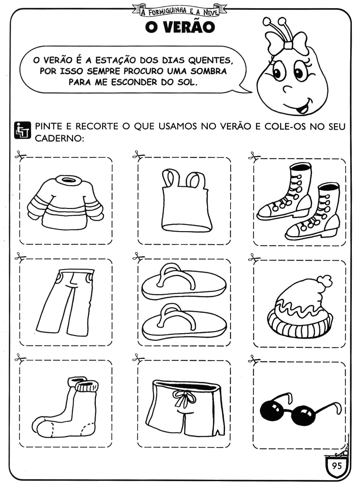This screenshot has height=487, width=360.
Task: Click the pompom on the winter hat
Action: [324, 282]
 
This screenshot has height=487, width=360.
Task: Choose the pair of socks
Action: [66, 408]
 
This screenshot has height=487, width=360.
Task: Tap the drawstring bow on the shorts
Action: [184, 398]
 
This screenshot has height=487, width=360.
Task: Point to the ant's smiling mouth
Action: [301, 107]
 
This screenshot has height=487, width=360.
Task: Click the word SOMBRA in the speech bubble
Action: [209, 71]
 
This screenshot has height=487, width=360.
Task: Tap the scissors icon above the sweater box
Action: [21, 155]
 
